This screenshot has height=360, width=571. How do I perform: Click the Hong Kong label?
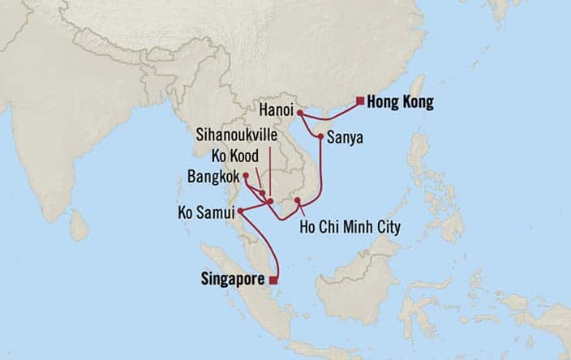[x=400, y=103]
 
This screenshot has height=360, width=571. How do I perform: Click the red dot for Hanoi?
[x=300, y=113]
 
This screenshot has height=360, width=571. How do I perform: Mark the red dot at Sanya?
[x=322, y=136]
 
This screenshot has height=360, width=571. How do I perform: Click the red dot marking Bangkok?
[x=245, y=174]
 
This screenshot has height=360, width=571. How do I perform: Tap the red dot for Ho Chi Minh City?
[x=298, y=200]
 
